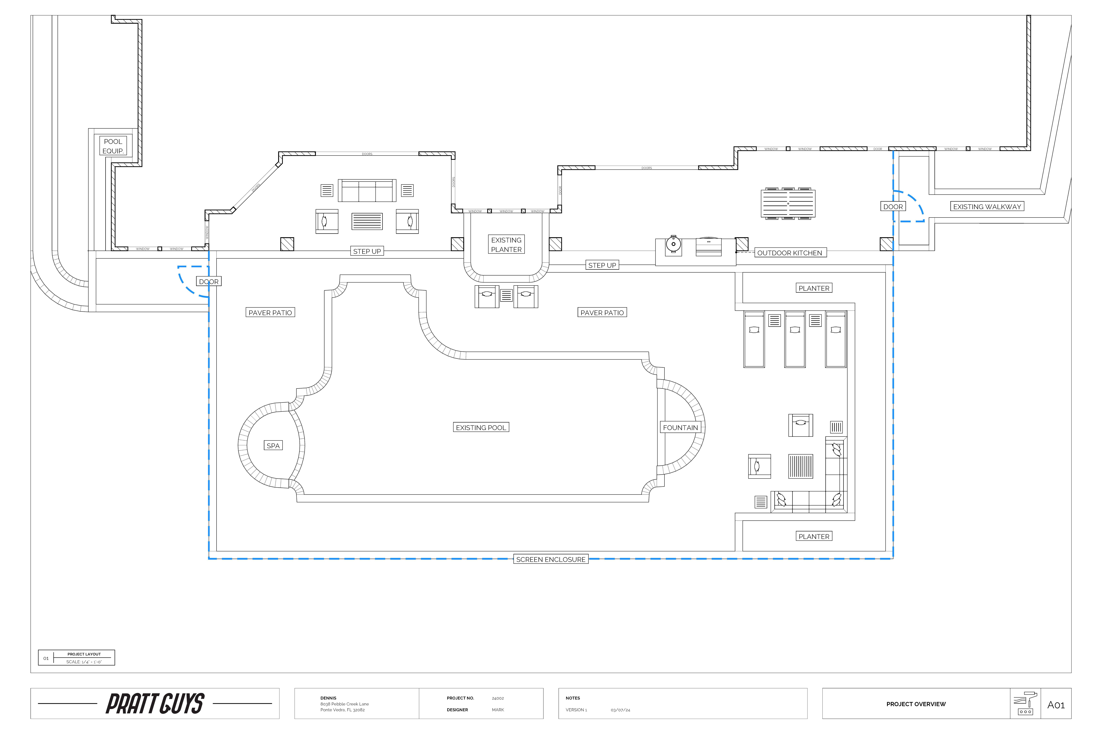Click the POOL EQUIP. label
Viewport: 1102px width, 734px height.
point(113,146)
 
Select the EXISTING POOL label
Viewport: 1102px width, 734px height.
point(481,427)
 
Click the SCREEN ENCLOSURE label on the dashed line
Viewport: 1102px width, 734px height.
point(551,559)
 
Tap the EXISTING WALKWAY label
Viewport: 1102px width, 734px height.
point(987,206)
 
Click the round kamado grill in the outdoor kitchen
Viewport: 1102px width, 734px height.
point(673,244)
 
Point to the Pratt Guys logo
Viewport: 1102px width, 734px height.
point(155,704)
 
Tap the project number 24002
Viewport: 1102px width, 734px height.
point(498,698)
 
